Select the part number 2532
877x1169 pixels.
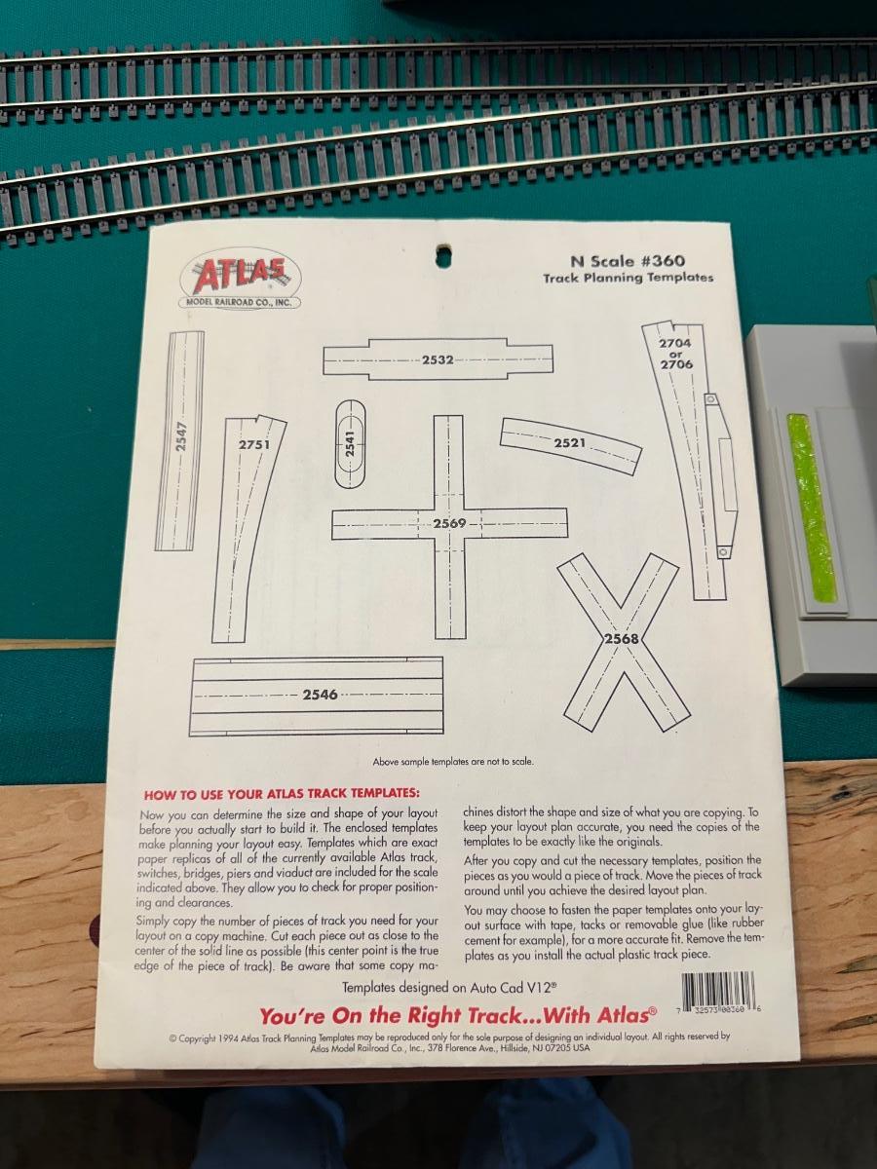438,360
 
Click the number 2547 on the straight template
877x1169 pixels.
181,436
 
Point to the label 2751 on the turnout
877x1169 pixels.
254,444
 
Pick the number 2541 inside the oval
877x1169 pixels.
350,443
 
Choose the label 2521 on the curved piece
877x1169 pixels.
570,442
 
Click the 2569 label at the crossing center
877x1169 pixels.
449,523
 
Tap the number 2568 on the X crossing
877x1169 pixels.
621,638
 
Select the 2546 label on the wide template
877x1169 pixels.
320,695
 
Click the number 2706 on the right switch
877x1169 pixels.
677,364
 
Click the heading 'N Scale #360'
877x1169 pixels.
628,261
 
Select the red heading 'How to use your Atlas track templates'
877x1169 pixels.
282,795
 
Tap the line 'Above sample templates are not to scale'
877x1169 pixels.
452,762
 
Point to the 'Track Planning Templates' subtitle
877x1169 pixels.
628,278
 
